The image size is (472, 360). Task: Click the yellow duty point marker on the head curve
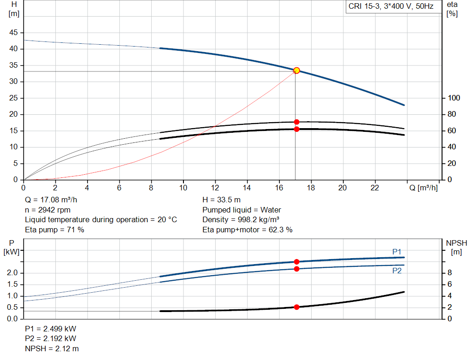tap(296, 71)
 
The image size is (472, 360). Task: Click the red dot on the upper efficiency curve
tap(296, 122)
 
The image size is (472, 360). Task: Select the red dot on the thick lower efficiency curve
tap(296, 129)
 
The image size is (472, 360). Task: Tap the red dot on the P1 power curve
tap(296, 262)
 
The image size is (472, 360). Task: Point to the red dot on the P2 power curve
tap(296, 269)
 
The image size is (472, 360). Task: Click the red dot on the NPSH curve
tap(296, 307)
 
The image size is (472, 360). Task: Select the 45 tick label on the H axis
tap(13, 33)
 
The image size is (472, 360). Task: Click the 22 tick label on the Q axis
tap(375, 188)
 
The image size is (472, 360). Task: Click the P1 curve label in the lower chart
tap(397, 252)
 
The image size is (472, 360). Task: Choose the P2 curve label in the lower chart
tap(397, 271)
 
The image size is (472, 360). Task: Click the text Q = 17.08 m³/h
tap(52, 200)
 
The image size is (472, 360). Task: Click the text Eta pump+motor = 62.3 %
tap(247, 230)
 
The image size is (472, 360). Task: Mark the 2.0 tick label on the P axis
tap(12, 273)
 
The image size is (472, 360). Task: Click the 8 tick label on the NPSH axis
tap(450, 273)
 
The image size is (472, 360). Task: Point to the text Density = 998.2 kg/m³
tap(241, 219)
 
